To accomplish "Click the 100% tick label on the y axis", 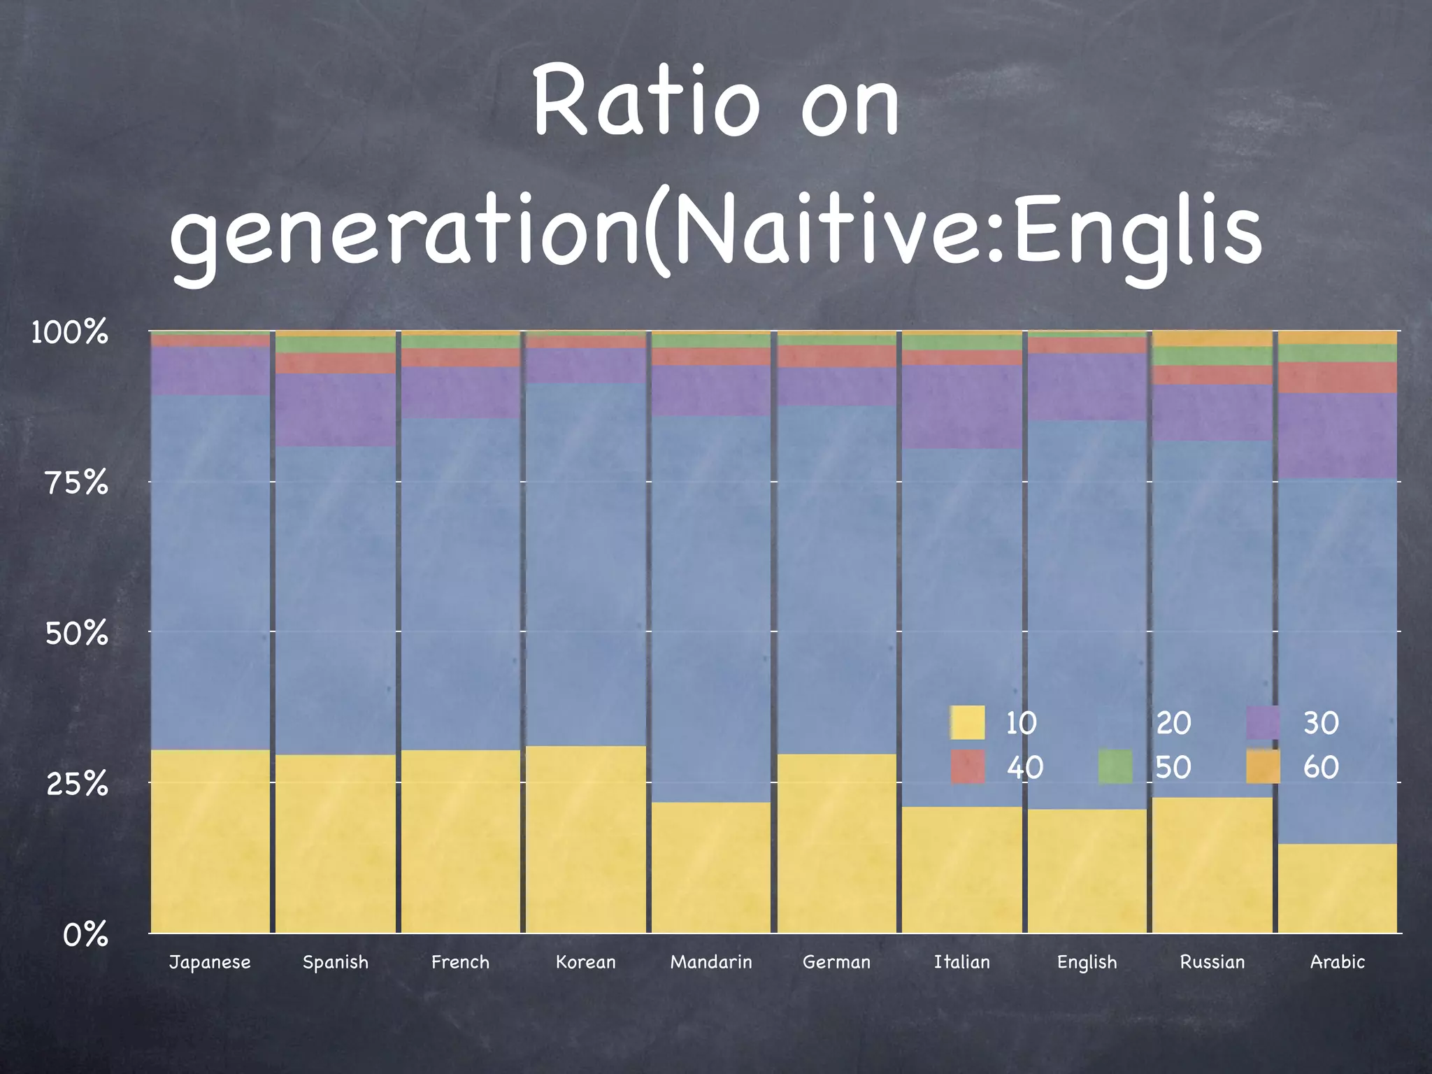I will (x=70, y=332).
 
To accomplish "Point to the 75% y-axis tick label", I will (x=77, y=482).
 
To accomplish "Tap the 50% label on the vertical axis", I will (x=77, y=633).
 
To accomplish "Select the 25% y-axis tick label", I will (x=77, y=784).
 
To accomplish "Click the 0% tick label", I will (x=85, y=935).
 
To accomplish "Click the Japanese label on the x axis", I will (x=210, y=962).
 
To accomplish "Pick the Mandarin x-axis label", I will (x=711, y=962).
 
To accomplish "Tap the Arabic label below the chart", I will (x=1338, y=962).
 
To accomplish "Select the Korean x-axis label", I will (x=586, y=962).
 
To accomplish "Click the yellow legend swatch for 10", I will (x=968, y=722).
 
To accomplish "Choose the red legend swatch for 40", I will (x=968, y=767).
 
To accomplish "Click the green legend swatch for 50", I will (x=1115, y=767).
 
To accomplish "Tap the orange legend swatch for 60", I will (x=1263, y=767).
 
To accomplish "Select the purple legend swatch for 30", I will (x=1263, y=722).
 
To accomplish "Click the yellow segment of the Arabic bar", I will (x=1338, y=888).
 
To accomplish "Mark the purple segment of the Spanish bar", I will (x=336, y=410).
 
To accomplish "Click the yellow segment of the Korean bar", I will (x=586, y=839).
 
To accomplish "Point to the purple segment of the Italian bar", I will (x=962, y=406).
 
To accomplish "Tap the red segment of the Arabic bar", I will (x=1338, y=378).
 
